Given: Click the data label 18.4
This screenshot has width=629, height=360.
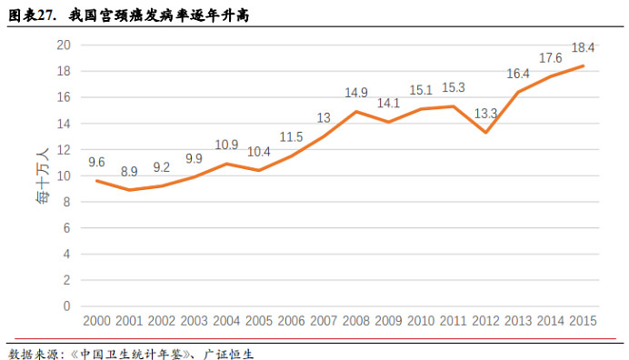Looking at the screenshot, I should point(582,48).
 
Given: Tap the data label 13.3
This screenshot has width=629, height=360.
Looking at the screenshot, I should point(485,114).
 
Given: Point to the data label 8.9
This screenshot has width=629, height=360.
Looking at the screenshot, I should point(129,171).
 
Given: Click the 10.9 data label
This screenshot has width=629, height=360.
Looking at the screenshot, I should point(226,145).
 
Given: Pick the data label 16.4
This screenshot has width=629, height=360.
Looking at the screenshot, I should point(518,73).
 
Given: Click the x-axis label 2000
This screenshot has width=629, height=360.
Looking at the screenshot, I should point(96,322).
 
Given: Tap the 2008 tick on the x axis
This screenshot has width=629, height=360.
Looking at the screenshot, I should point(355,322).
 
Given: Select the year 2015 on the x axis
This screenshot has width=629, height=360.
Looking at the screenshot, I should point(582,322).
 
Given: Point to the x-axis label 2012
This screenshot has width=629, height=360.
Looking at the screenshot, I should point(485,322).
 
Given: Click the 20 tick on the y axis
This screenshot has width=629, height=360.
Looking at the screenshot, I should point(64,45).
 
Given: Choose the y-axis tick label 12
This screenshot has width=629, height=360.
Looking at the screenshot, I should point(64,150).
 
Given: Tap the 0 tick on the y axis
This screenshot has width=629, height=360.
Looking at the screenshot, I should point(67,306).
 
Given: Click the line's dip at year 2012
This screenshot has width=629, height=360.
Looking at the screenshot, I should point(485,133).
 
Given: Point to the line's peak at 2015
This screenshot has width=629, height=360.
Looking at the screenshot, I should point(583,65).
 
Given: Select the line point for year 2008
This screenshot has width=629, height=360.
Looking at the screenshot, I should point(355,112).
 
